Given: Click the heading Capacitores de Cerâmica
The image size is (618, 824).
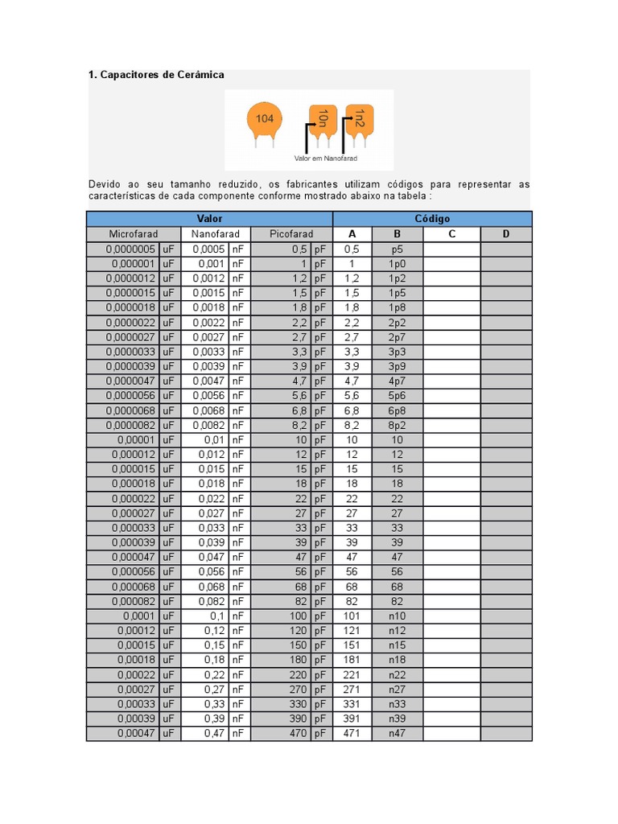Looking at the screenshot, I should pos(156,75).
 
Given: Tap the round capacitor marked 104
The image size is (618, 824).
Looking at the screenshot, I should pos(265,121).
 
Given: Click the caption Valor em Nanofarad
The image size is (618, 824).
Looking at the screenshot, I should pos(326,159).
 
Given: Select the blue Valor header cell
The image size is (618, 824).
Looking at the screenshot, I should pos(209,219).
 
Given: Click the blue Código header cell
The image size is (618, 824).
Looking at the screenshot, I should pos(432,219).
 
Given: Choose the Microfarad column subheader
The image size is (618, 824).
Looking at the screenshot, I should pos(134,234).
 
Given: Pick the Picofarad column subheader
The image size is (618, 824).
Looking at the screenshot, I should pos(290,234).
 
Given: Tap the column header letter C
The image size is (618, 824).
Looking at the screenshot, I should pos(452,234).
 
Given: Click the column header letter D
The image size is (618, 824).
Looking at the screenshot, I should pos(506,234).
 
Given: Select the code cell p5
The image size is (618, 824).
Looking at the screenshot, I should pos(397,249).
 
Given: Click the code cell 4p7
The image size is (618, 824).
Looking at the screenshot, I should pos(397,381).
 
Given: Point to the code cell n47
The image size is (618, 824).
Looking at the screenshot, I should pos(397,734).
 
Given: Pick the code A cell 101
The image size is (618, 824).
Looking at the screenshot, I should pos(352,616).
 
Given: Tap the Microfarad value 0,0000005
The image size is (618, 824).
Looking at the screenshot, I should pos(130,249).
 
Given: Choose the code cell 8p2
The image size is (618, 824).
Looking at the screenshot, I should pos(397,425).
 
